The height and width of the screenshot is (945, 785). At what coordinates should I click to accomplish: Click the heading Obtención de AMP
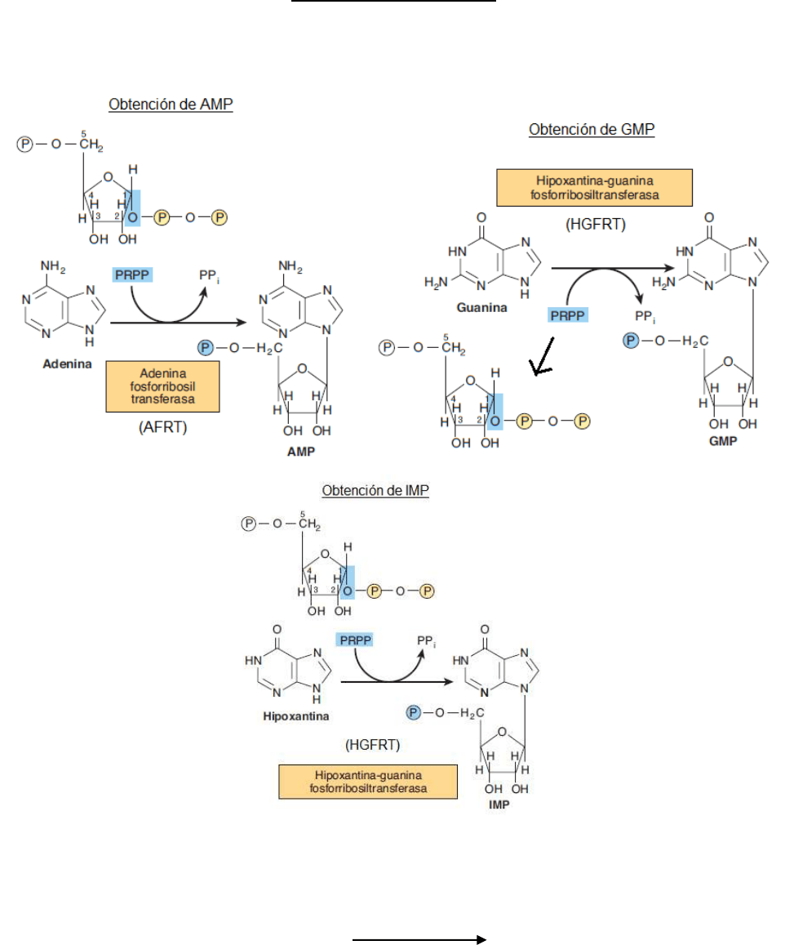[171, 105]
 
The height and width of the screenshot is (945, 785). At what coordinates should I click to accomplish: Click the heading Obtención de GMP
[592, 129]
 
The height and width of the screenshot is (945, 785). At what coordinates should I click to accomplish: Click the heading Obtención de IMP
[375, 491]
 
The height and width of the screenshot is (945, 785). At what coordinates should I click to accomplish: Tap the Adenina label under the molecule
[66, 364]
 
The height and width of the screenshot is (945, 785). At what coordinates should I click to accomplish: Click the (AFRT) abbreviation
[162, 427]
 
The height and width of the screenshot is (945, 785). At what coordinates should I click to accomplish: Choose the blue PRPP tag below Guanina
[566, 314]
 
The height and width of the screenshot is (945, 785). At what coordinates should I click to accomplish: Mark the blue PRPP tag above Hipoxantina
[354, 640]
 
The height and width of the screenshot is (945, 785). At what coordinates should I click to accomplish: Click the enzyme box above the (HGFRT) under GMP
[593, 188]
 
